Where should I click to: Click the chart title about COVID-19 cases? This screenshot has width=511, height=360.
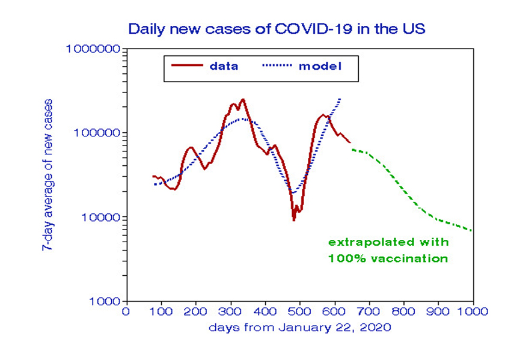(276, 28)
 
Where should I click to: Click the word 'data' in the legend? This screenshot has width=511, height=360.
(224, 66)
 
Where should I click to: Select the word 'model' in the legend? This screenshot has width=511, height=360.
(320, 66)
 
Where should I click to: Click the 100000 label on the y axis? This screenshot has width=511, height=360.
(96, 133)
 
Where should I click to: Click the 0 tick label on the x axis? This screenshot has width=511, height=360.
(126, 312)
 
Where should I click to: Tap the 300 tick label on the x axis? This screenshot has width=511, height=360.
(230, 312)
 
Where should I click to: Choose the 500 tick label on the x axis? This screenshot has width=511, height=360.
(299, 312)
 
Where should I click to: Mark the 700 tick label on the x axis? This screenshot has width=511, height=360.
(369, 312)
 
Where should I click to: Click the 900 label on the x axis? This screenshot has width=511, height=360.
(438, 312)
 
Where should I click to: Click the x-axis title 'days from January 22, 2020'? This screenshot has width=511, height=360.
(300, 328)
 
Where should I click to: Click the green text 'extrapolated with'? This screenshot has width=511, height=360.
(388, 242)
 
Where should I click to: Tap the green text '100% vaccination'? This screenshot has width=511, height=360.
(388, 258)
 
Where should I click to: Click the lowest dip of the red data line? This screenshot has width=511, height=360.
(293, 220)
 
